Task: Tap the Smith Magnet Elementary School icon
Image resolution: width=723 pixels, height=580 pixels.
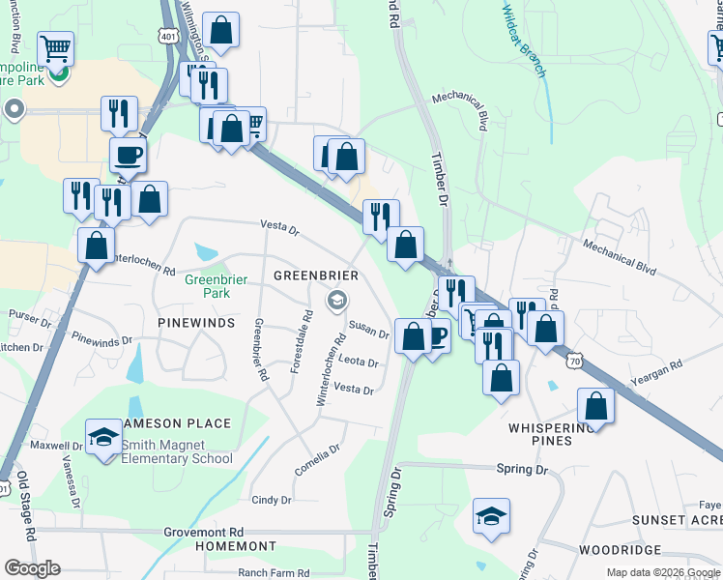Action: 102,436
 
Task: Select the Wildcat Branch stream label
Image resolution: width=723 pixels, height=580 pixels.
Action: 524,41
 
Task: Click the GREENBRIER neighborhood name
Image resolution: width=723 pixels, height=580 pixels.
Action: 316,275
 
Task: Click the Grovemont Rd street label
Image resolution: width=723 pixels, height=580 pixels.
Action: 203,532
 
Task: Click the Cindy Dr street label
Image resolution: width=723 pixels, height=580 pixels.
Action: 272,500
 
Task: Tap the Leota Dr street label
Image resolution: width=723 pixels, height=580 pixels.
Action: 358,362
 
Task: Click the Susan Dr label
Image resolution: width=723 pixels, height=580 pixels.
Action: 368,332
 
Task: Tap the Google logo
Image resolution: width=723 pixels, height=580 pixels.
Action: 33,567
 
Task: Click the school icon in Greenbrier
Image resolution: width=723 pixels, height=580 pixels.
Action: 336,300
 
